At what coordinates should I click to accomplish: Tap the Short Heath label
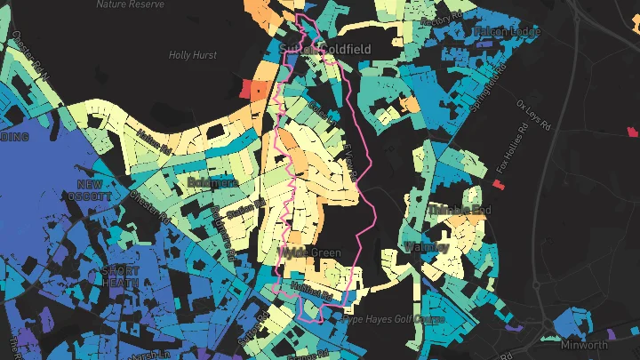(x=122, y=276)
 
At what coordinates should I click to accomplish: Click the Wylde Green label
(x=309, y=253)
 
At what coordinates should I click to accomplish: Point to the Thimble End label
(x=460, y=210)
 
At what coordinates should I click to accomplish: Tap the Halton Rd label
(x=156, y=143)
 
